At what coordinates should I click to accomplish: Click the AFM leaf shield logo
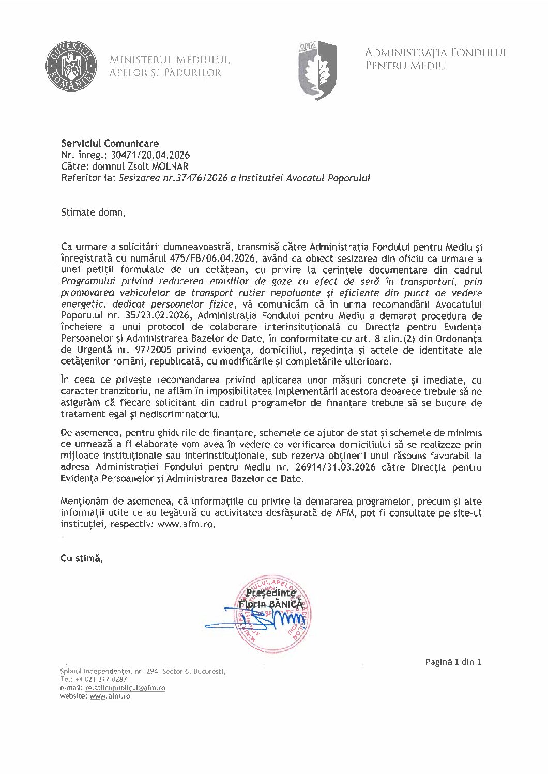coord(316,69)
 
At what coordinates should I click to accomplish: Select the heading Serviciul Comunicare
coord(110,143)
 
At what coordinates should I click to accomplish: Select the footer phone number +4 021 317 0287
coord(103,679)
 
